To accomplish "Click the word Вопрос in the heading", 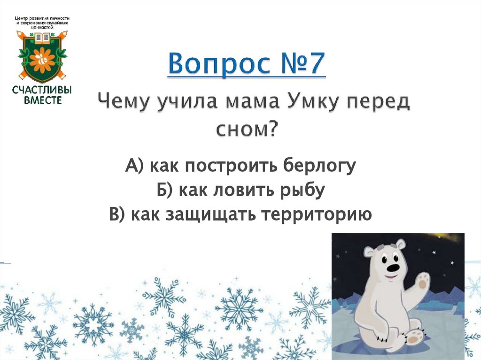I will tap(212, 64).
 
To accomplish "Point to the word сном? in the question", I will tap(247, 128).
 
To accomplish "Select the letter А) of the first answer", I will tap(135, 167).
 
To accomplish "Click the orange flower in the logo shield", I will tap(42, 59).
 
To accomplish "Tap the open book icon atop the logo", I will tap(42, 37).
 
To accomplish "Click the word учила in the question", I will tap(183, 102).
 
